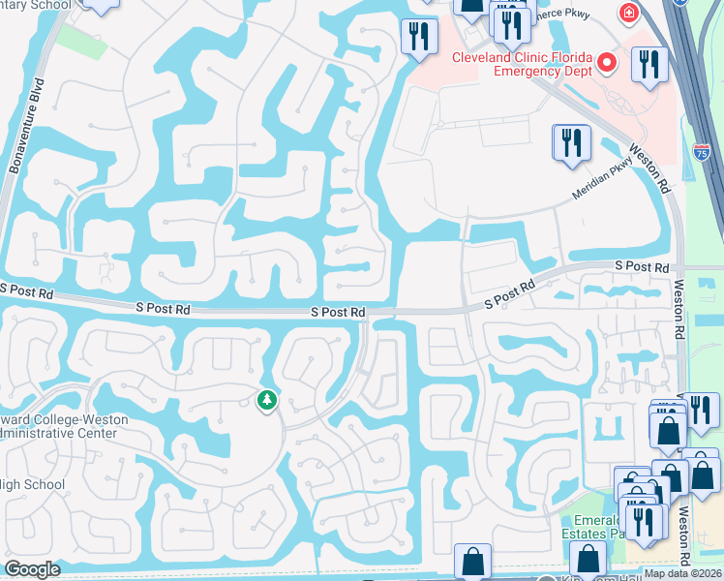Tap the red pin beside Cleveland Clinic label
click(607, 64)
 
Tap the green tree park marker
click(266, 399)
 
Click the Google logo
click(32, 569)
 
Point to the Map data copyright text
click(682, 573)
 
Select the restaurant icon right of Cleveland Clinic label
click(649, 64)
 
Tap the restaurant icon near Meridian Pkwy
click(571, 142)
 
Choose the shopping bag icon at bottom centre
click(472, 562)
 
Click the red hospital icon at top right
click(629, 13)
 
